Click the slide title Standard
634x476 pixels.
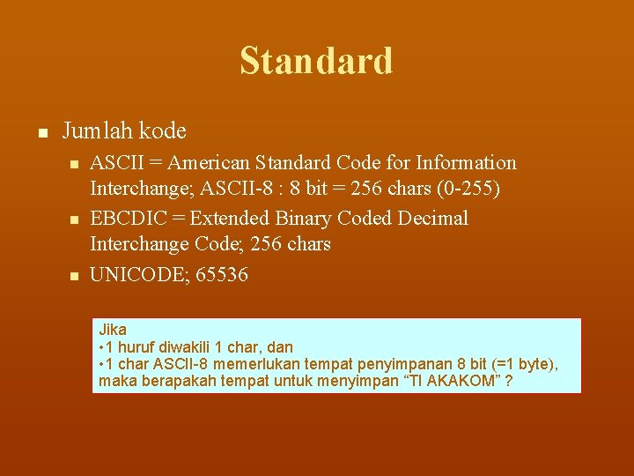(316, 61)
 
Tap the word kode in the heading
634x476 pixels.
(163, 131)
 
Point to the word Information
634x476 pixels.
(467, 163)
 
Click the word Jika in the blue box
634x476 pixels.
(113, 330)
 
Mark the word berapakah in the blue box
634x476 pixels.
(172, 383)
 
